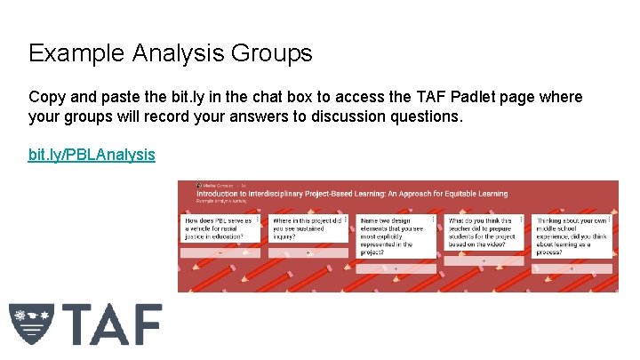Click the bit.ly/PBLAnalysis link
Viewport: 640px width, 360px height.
point(92,155)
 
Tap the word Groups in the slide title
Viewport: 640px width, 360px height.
point(271,53)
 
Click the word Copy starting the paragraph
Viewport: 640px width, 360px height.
point(46,97)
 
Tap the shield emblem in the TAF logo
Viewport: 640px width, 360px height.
point(31,323)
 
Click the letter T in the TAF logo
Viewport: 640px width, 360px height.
point(77,324)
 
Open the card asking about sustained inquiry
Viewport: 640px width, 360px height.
point(308,230)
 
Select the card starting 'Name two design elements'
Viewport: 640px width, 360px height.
point(396,236)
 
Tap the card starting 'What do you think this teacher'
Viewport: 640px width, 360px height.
point(484,233)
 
